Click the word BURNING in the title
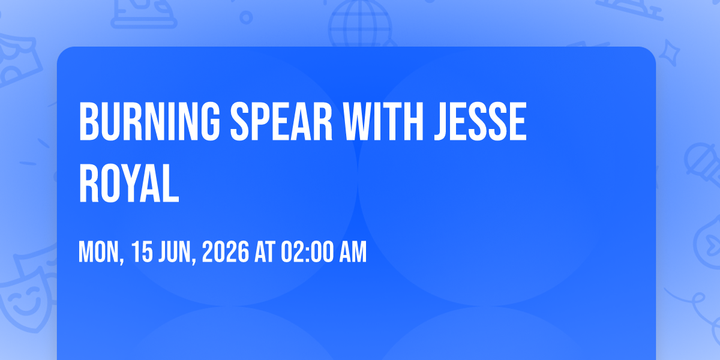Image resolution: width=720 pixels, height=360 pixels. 149,121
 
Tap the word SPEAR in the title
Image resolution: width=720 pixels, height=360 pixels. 281,121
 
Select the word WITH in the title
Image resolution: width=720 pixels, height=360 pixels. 383,121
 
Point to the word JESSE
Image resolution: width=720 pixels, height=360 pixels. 480,121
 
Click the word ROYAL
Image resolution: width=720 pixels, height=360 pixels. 129,183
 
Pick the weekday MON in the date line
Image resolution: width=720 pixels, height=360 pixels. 100,252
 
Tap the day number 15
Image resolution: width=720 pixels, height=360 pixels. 142,252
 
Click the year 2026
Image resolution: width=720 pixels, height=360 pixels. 226,252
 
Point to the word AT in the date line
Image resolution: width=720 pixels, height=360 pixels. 265,252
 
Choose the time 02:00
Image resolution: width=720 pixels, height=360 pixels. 308,252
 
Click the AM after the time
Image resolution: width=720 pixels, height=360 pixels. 353,252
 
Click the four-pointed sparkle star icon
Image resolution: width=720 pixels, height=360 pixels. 670,53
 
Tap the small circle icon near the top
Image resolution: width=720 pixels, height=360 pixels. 246,17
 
